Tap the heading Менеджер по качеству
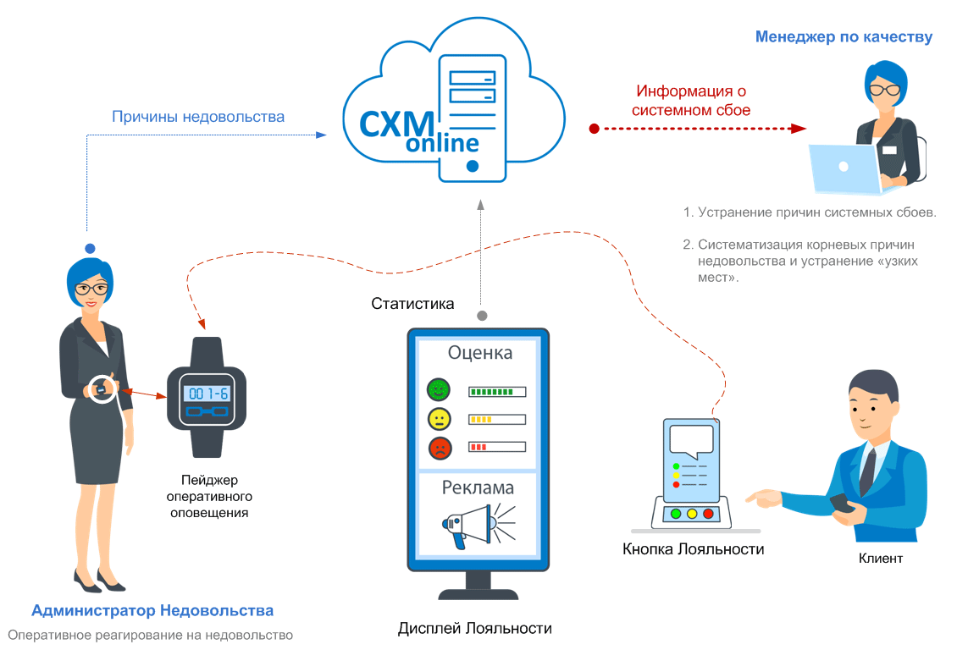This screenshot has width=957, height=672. pos(844,37)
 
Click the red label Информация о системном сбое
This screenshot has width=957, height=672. pos(692,101)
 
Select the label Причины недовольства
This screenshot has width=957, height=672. pos(198,117)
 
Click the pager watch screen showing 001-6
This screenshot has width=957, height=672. pos(207,394)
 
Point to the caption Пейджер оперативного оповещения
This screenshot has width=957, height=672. pos(209,495)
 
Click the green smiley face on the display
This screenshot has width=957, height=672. pos(439,390)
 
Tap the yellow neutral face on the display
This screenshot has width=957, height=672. pos(439,418)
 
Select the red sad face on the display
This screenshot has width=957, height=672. pos(439,447)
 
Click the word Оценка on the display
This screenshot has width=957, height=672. pos(480,353)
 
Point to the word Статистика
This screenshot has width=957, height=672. pos(412,303)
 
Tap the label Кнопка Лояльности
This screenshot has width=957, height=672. pos(693,549)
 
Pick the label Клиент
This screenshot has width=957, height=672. pos(881,559)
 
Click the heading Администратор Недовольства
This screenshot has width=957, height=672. pos(152,610)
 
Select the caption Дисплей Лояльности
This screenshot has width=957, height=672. pos(475,628)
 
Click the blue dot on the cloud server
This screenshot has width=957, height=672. pos(472,167)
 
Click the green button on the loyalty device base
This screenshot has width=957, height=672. pos(675,514)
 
